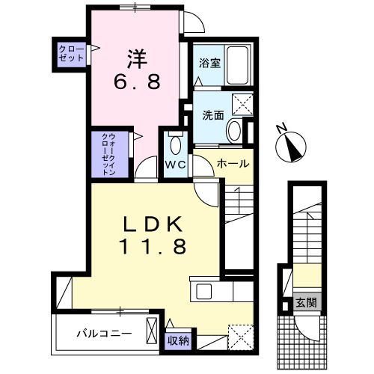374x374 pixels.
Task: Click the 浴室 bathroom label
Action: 209,64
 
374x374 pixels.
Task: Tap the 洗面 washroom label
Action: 212,115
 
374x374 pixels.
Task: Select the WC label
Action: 176,164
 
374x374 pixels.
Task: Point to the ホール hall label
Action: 233,163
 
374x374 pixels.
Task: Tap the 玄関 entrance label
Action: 304,302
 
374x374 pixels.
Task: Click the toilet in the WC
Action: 176,144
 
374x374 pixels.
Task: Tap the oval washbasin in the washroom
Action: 234,132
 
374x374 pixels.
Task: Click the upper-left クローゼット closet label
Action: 73,54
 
